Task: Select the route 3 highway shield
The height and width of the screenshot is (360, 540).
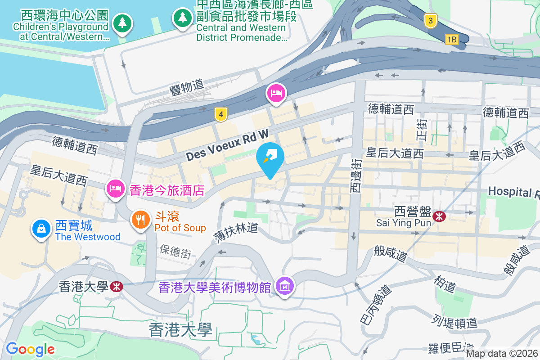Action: click(x=431, y=21)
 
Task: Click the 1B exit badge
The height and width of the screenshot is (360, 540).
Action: click(x=451, y=40)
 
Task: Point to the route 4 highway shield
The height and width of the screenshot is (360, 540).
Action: click(x=220, y=114)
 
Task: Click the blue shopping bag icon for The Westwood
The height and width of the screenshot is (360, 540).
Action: click(x=41, y=229)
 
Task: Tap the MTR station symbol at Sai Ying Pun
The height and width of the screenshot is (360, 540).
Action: click(x=439, y=216)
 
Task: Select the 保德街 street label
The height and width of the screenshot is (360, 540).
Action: click(x=175, y=251)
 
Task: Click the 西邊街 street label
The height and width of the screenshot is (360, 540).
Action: click(x=355, y=176)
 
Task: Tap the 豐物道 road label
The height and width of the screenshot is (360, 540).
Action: click(x=187, y=86)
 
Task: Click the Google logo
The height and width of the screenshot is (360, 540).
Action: click(x=30, y=349)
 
